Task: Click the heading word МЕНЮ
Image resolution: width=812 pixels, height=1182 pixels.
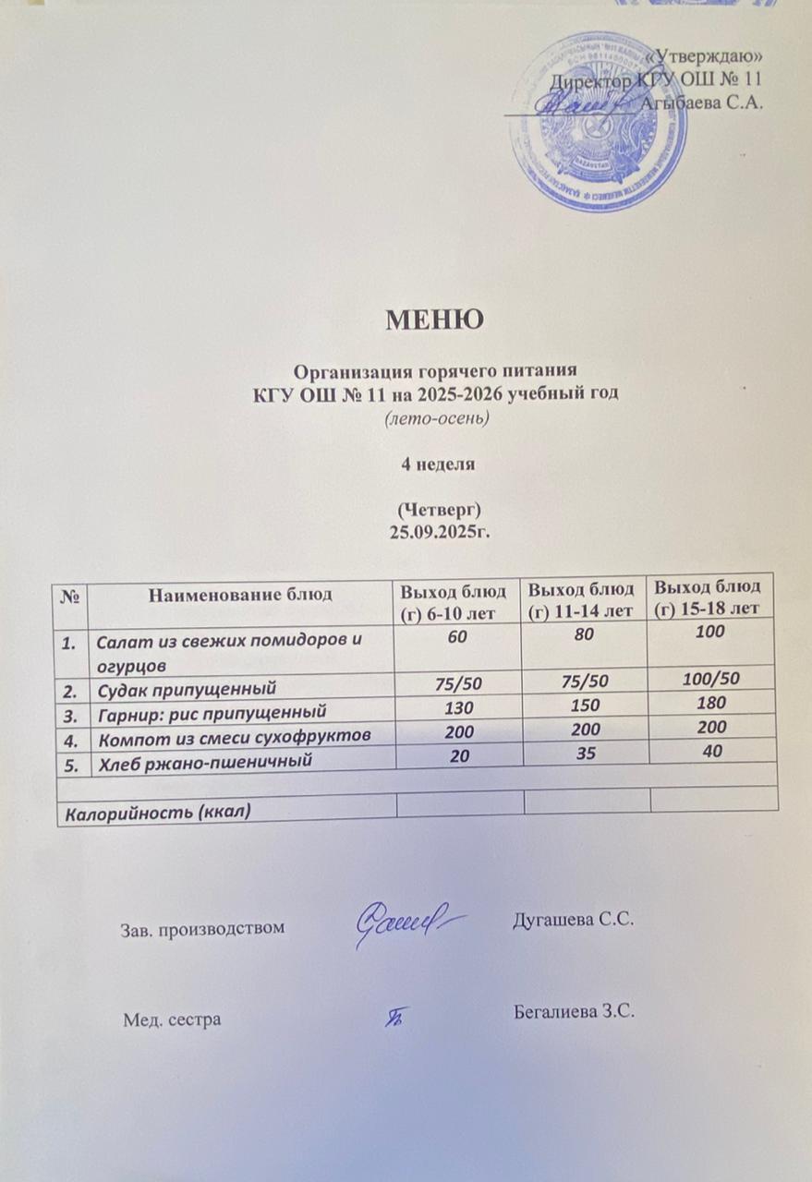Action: coord(435,320)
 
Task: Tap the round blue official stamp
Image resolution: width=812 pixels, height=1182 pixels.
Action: coord(599,122)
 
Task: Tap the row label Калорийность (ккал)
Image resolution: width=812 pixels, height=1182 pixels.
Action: coord(155,813)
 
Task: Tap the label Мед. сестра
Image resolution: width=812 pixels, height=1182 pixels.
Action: coord(172,1019)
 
